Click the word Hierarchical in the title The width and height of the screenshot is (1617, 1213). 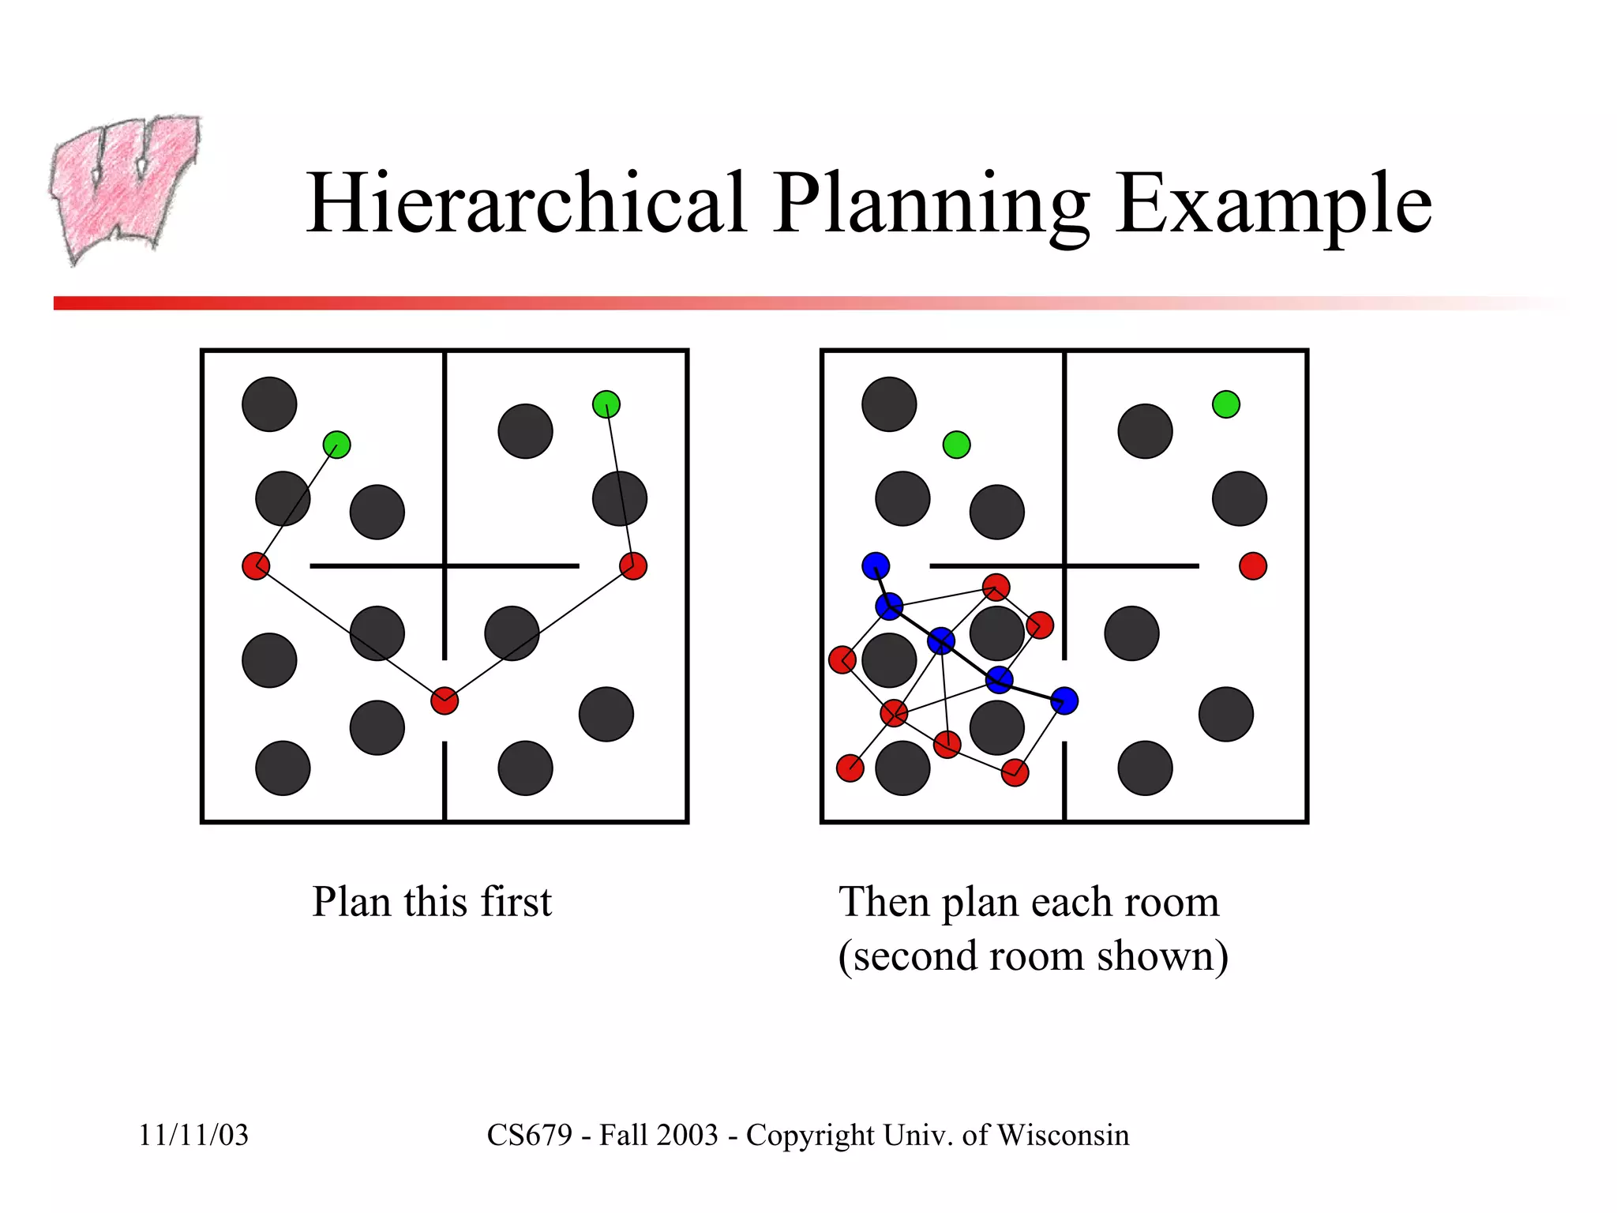527,203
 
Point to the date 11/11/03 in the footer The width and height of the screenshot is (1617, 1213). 193,1135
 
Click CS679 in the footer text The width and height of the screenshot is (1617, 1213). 529,1135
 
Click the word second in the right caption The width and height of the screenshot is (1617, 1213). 915,956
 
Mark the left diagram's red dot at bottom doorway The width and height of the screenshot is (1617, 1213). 445,700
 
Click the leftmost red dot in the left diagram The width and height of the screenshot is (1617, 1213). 256,566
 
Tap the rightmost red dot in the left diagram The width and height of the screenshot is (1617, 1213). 633,566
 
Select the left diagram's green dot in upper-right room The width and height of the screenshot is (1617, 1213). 606,404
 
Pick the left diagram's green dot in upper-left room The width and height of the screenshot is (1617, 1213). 337,445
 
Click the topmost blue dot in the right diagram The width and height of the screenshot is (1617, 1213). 876,566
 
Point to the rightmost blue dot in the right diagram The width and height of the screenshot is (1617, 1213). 1064,700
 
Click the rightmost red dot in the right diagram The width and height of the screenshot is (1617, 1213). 1253,566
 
